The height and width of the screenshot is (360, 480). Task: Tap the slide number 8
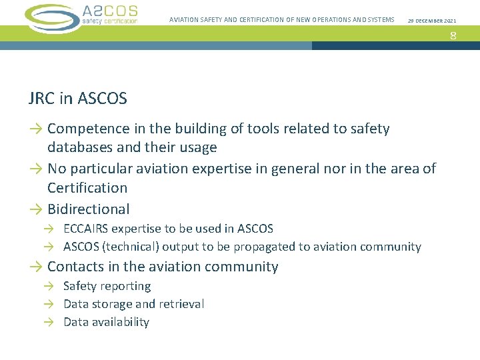453,35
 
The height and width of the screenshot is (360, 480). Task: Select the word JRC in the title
43,99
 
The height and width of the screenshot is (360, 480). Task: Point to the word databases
81,147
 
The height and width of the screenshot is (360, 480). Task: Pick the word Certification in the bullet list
87,188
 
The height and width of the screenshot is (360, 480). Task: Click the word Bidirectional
88,209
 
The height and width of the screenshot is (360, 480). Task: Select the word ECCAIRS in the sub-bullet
85,229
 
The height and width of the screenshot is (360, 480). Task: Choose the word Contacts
76,267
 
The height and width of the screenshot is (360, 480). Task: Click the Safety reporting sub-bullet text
107,286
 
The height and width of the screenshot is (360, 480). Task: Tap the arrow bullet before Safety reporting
49,286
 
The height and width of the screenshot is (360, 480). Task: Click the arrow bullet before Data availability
49,322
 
